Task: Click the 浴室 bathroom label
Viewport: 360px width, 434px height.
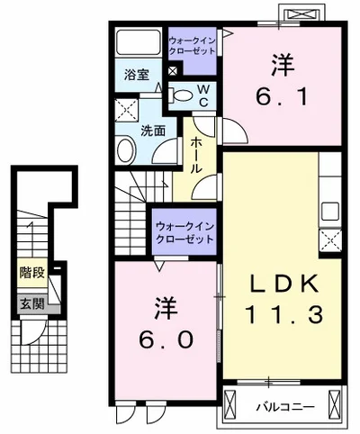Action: pyautogui.click(x=137, y=76)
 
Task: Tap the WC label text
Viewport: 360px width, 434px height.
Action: pyautogui.click(x=203, y=95)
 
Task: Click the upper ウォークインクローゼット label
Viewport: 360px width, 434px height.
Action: pyautogui.click(x=192, y=44)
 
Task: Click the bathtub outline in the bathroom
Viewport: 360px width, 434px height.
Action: pyautogui.click(x=139, y=43)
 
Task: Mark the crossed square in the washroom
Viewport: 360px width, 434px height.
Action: pyautogui.click(x=125, y=113)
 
